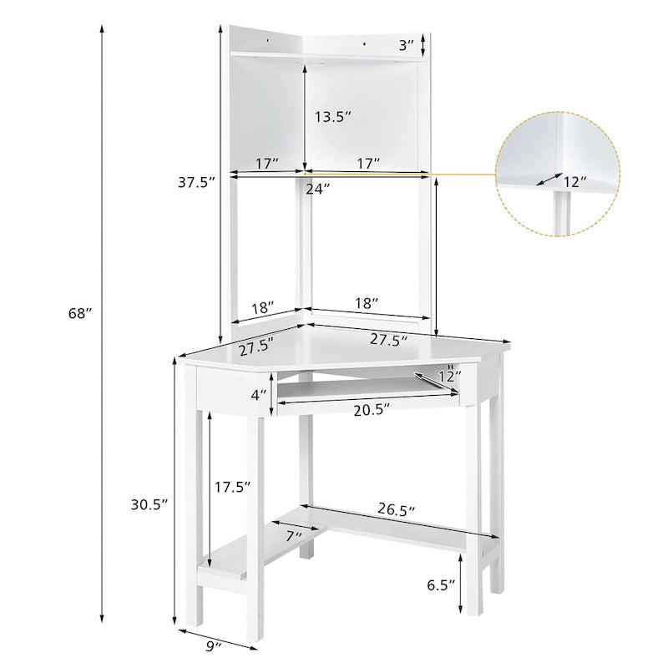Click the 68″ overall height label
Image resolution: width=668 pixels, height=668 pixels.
[80, 313]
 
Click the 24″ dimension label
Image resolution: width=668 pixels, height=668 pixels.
[317, 189]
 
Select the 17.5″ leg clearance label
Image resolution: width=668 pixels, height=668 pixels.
[232, 488]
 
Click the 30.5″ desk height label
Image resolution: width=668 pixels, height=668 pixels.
[149, 504]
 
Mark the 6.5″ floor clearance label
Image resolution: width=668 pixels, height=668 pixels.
[442, 584]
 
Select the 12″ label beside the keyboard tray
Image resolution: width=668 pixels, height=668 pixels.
[448, 377]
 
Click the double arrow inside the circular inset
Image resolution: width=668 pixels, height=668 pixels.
[547, 179]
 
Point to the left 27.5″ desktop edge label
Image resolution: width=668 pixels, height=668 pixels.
[256, 345]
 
